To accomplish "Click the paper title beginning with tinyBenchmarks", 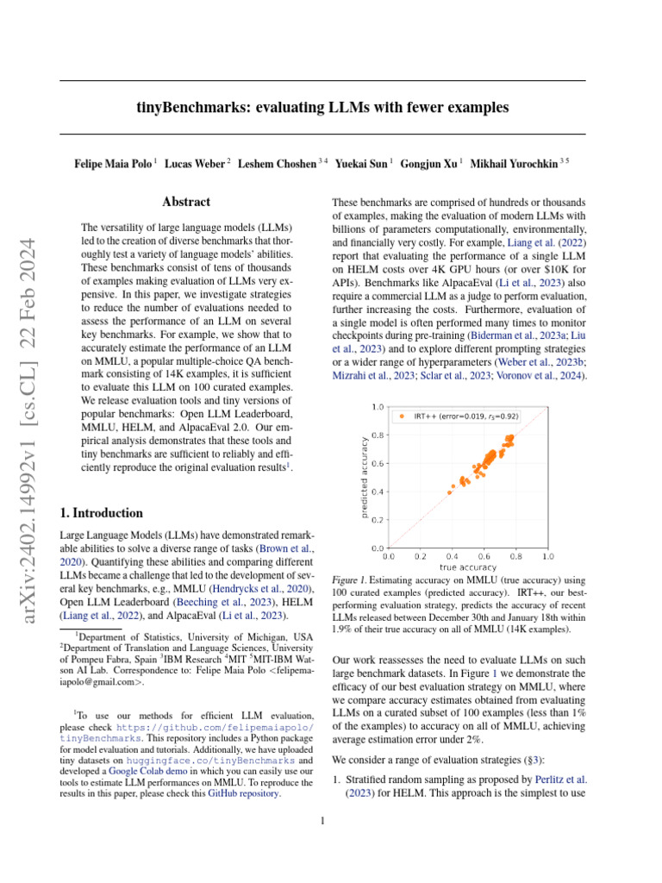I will [x=322, y=108].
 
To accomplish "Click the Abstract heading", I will [x=186, y=202].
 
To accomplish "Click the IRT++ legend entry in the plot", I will [x=465, y=416].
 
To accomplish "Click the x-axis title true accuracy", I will [x=468, y=567].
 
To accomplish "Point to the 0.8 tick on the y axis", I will [x=378, y=435].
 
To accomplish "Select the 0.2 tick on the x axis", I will [x=421, y=557].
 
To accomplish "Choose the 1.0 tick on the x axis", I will [x=547, y=557].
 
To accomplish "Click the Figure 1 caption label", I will [x=349, y=582].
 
